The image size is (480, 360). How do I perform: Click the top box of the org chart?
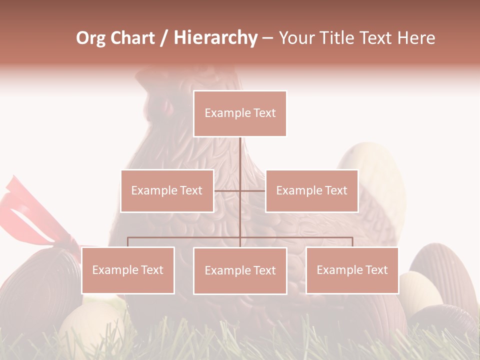pyautogui.click(x=240, y=113)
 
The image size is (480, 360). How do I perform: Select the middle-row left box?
pyautogui.click(x=167, y=190)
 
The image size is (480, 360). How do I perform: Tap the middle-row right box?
pyautogui.click(x=311, y=190)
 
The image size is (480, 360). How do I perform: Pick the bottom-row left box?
pyautogui.click(x=128, y=270)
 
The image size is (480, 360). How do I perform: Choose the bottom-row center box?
pyautogui.click(x=240, y=270)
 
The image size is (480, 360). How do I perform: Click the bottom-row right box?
pyautogui.click(x=352, y=270)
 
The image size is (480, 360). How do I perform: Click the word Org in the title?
pyautogui.click(x=91, y=38)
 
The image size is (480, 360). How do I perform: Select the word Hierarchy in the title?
pyautogui.click(x=215, y=38)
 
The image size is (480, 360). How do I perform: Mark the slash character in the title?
pyautogui.click(x=164, y=38)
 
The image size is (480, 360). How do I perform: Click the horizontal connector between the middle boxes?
pyautogui.click(x=240, y=190)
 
